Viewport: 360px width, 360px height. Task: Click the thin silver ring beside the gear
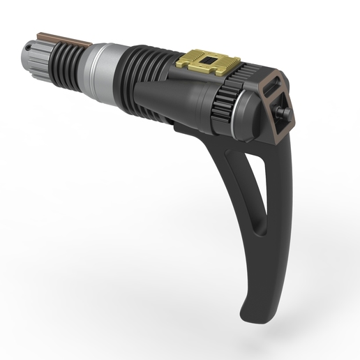click(240, 112)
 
